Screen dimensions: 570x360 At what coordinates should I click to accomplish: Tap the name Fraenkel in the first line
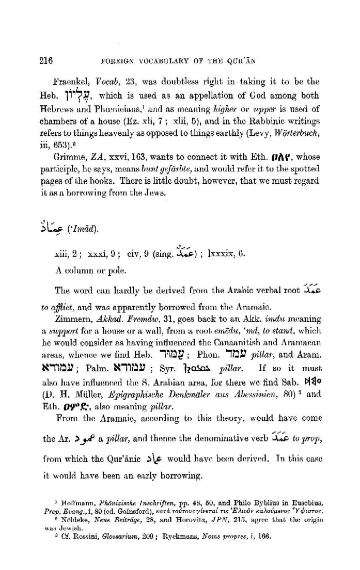click(71, 83)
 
